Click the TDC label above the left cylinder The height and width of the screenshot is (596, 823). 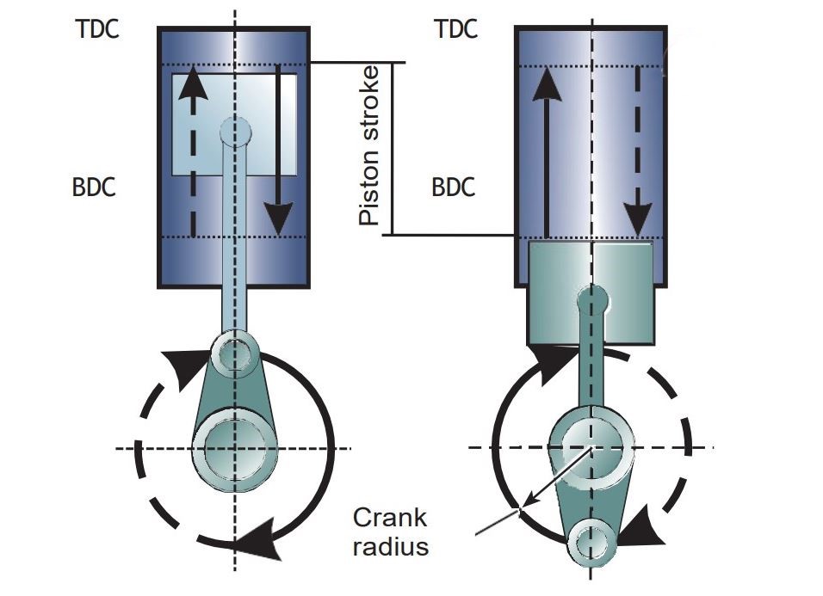click(x=96, y=29)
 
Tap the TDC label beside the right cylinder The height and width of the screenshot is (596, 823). click(x=455, y=29)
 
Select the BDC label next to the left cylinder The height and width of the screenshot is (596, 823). click(x=94, y=187)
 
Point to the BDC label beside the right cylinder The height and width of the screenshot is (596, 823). click(x=454, y=187)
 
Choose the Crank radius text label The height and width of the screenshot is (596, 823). click(x=390, y=531)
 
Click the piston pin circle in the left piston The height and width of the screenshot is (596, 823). click(x=235, y=132)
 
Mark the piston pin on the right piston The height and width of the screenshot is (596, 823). click(x=591, y=300)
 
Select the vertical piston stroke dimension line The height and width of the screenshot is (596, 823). click(x=393, y=148)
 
